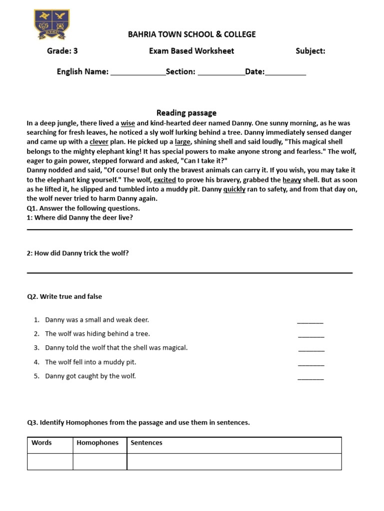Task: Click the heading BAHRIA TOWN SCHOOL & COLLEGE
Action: [191, 34]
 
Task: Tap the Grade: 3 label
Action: [62, 51]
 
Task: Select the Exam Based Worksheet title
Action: [191, 51]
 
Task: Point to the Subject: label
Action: [310, 51]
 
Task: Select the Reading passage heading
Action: [186, 113]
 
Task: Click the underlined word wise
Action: [128, 123]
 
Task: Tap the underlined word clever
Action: [99, 142]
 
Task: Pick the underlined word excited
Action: [164, 180]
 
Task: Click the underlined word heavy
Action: [292, 180]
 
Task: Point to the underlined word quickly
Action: [234, 189]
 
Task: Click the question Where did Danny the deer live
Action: [80, 218]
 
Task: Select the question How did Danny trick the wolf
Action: [78, 253]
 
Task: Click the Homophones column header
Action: [98, 443]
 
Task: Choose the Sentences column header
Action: [146, 443]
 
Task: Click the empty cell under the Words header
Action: [50, 462]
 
